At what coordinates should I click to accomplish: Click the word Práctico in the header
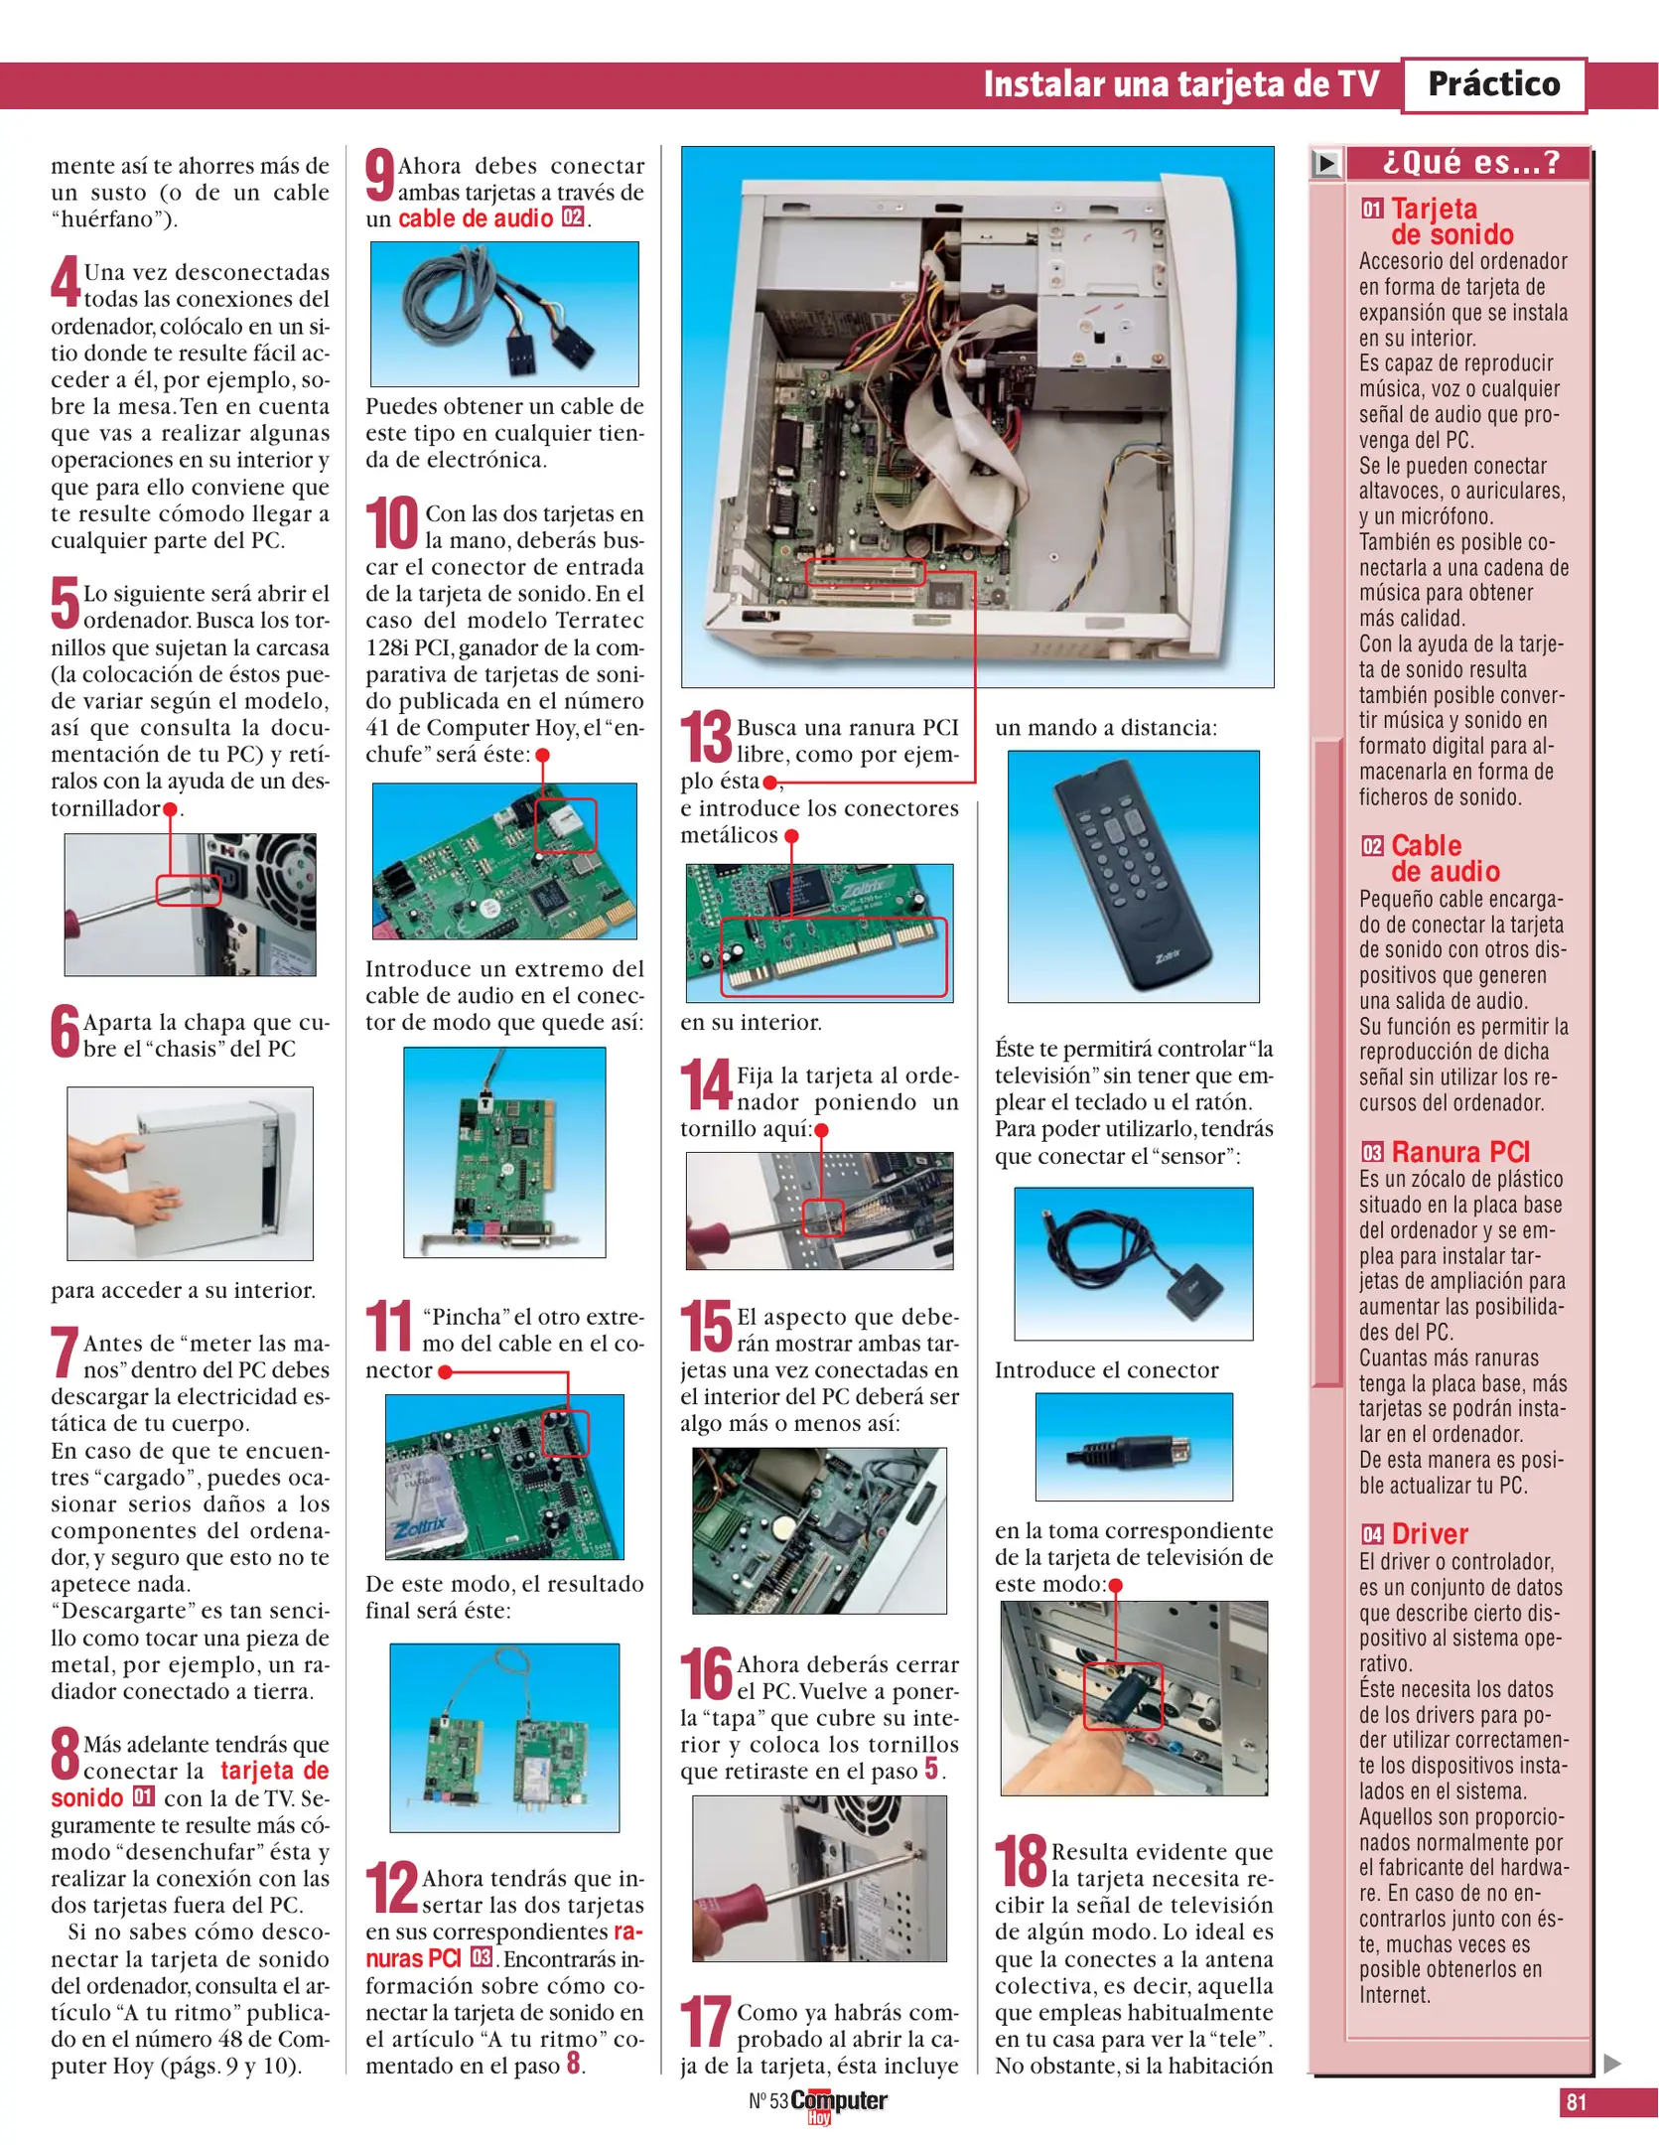point(1492,84)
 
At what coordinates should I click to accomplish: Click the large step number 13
point(706,737)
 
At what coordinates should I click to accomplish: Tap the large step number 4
point(65,282)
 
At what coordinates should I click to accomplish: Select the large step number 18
point(1021,1861)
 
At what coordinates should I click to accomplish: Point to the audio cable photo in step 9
point(504,314)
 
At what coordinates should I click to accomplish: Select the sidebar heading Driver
point(1429,1533)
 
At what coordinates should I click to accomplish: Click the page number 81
point(1576,2101)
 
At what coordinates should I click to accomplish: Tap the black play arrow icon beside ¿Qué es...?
point(1325,163)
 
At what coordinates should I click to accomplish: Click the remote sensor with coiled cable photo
point(1133,1263)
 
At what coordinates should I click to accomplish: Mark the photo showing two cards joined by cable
point(504,1737)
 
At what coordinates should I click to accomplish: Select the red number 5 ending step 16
point(931,1769)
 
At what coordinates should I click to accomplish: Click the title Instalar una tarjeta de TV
point(1180,84)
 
